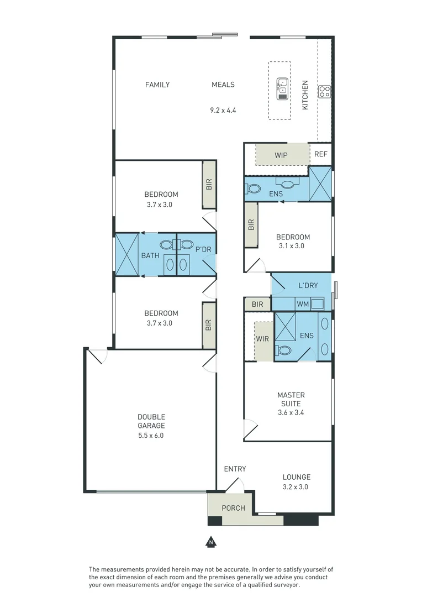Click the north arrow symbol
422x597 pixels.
(x=211, y=542)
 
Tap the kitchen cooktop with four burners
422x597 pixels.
(x=324, y=92)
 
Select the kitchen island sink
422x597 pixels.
(x=282, y=88)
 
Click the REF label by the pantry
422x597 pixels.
(x=320, y=154)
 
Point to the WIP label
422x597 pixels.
(x=281, y=155)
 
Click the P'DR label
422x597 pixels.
(x=203, y=249)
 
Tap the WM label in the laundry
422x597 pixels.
(x=303, y=304)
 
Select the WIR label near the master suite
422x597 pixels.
(x=262, y=339)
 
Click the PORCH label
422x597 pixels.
(x=233, y=508)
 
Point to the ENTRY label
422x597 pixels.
(x=235, y=469)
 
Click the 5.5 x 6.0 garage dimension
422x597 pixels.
(x=151, y=435)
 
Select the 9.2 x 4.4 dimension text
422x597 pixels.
(x=223, y=111)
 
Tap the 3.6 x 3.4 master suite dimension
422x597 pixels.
(x=291, y=412)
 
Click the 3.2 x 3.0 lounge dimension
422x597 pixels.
(x=296, y=486)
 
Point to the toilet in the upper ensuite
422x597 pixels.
(x=253, y=188)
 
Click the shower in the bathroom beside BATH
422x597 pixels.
(x=126, y=254)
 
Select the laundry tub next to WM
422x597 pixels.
(x=317, y=304)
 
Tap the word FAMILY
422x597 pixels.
(x=157, y=85)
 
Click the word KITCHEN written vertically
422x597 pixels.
(x=305, y=95)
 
